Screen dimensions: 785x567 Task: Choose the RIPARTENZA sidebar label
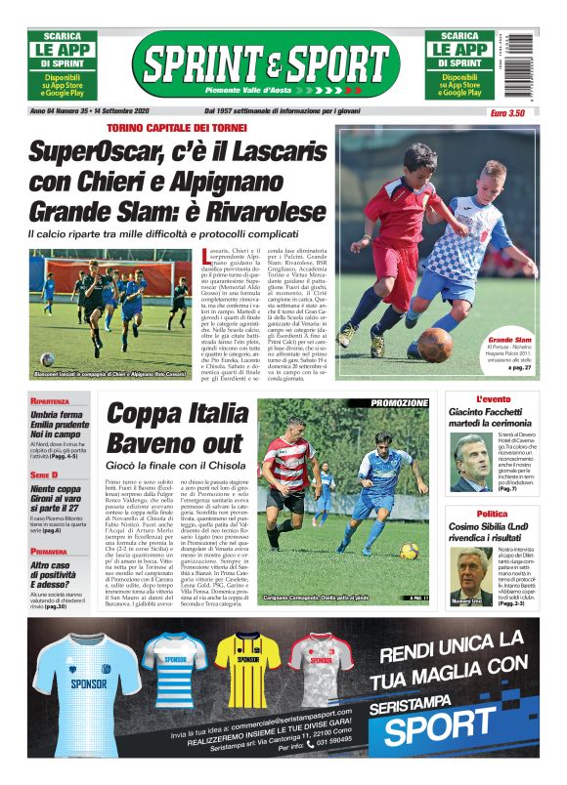pos(50,401)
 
